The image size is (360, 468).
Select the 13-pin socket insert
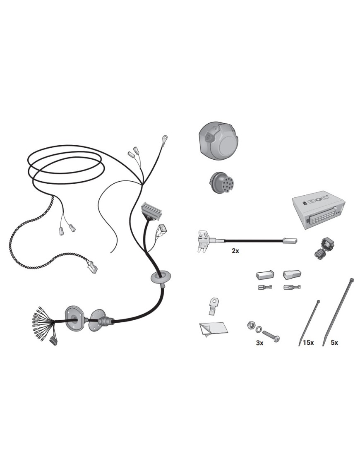tap(222, 182)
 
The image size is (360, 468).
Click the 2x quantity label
tap(235, 251)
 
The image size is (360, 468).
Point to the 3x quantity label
tap(259, 343)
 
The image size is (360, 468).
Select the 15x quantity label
tap(308, 343)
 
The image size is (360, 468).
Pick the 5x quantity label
tap(334, 343)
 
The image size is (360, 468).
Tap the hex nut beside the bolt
tap(250, 326)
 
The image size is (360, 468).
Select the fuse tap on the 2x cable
tap(205, 241)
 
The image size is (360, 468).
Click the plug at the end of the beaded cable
tap(91, 266)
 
